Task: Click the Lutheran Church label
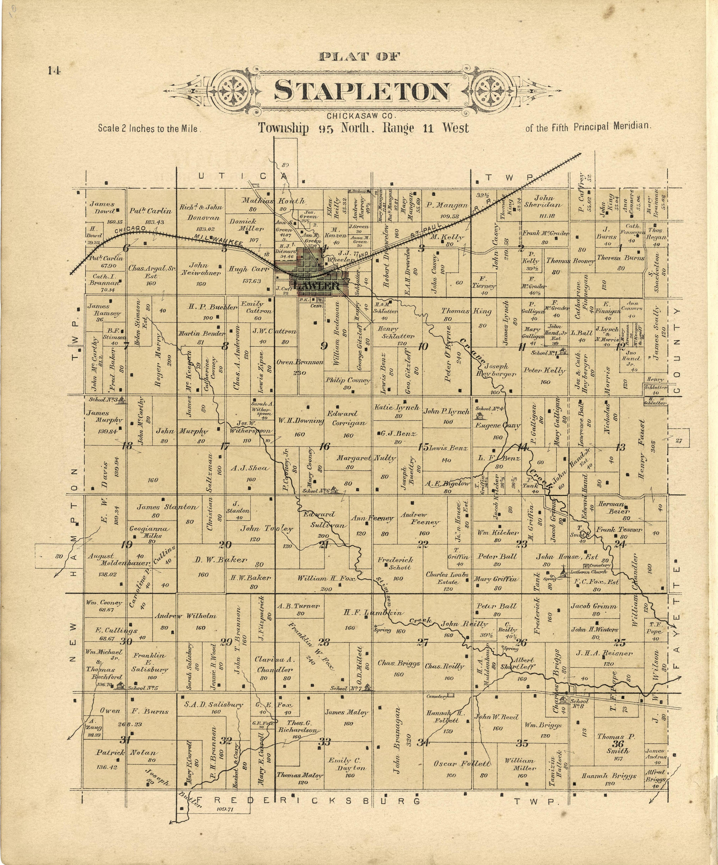[588, 572]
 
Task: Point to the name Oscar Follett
[461, 763]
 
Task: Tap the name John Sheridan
[543, 201]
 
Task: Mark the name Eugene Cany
[498, 425]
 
